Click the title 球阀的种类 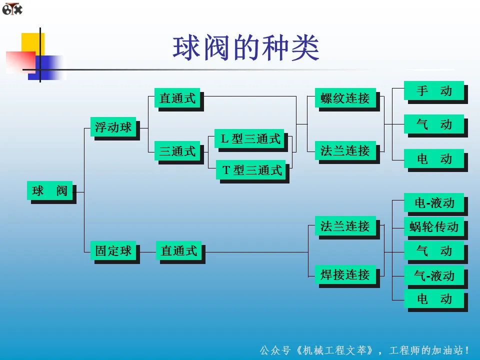point(246,48)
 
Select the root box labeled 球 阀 point(49,190)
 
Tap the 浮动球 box point(113,127)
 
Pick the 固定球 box point(113,250)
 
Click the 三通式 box point(177,151)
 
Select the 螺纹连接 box point(345,98)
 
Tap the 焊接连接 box point(345,274)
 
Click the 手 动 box point(434,90)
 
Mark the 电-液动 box point(434,202)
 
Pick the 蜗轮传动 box point(434,226)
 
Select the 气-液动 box point(434,275)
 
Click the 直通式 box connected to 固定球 point(179,250)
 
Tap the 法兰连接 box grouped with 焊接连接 point(345,226)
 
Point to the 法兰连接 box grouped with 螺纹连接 point(345,150)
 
